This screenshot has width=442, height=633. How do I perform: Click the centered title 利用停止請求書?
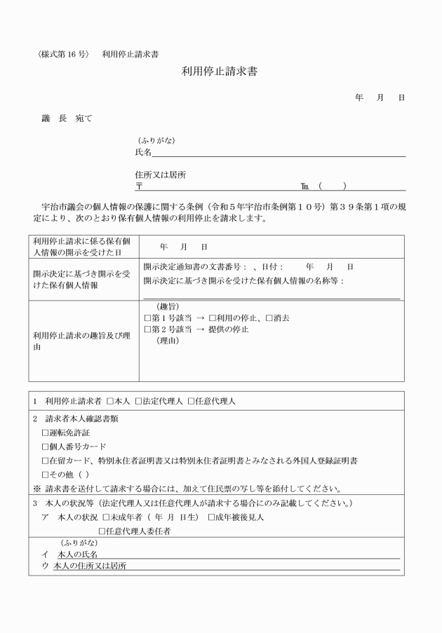pos(220,71)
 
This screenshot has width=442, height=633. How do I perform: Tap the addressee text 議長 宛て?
pos(67,118)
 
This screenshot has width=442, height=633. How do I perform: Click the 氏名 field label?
pos(143,152)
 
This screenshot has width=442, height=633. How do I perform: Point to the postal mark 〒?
pos(139,186)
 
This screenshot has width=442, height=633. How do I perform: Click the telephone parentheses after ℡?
pos(332,186)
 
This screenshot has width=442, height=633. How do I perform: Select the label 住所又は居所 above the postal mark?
pos(160,175)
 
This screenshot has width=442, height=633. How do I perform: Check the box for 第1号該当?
pos(147,318)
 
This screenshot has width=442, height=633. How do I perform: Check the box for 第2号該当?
pos(147,329)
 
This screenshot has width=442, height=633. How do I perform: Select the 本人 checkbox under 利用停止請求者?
pos(110,401)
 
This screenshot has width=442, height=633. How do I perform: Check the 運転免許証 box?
pos(46,433)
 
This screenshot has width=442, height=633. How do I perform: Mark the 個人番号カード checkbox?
pos(46,447)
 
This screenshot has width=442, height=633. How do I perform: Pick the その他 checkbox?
pos(46,475)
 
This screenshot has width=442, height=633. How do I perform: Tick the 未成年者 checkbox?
pos(106,517)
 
